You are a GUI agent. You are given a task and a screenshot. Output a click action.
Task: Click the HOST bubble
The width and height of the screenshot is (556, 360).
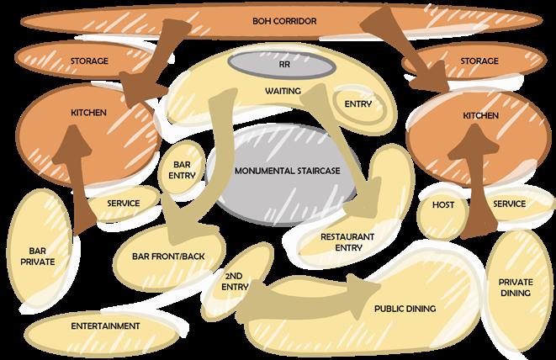[x=442, y=204]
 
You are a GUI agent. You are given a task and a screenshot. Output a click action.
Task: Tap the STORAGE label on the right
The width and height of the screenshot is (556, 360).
[x=479, y=61]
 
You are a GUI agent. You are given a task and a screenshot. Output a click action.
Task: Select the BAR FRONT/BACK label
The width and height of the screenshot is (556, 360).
[x=168, y=255]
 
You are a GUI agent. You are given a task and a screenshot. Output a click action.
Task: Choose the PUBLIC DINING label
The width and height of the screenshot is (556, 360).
[x=405, y=309]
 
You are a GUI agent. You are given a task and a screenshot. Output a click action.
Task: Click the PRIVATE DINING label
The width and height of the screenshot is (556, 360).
[x=515, y=288]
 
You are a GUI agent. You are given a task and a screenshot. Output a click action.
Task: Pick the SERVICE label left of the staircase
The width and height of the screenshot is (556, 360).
[x=125, y=203]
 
